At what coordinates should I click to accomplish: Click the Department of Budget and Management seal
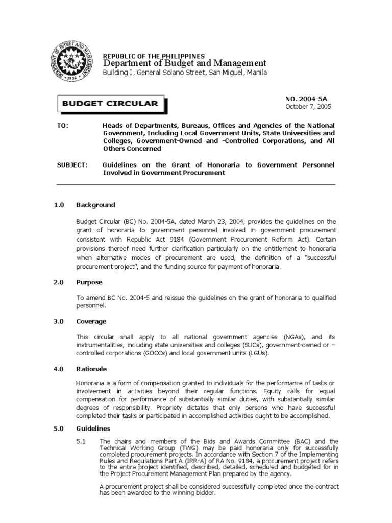(x=73, y=62)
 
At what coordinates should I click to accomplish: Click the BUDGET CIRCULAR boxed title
(x=110, y=104)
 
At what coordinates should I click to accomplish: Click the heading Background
(x=95, y=205)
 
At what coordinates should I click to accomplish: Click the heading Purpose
(x=89, y=282)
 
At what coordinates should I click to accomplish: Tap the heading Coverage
(x=91, y=321)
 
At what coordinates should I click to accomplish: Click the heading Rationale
(x=92, y=369)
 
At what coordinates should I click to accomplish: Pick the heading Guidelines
(x=93, y=429)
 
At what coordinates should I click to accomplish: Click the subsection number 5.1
(x=82, y=441)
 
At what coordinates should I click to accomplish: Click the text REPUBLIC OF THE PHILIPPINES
(x=154, y=56)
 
